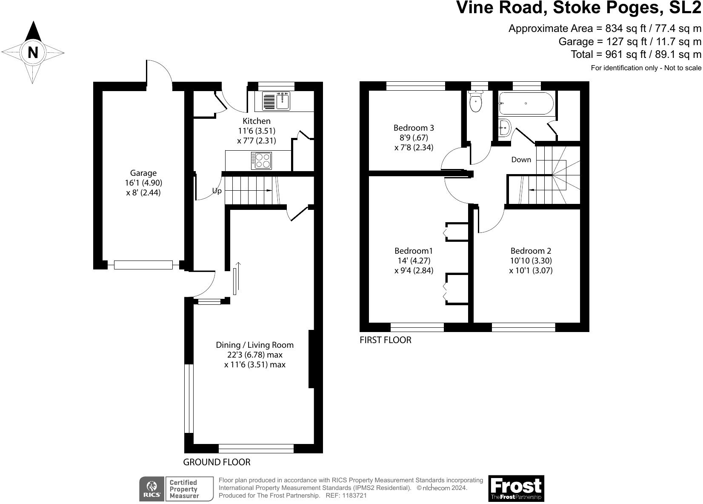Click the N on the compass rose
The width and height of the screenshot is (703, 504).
coord(33,52)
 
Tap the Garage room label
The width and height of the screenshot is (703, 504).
coord(143,173)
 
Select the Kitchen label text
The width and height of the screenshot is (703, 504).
coord(257,121)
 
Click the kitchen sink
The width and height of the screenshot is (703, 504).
coord(276,101)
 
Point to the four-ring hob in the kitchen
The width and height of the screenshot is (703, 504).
coord(261,160)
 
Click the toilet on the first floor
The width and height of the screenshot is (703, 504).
coord(476,101)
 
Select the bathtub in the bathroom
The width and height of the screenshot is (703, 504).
coord(526,103)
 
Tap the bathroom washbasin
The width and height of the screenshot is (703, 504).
coord(505,128)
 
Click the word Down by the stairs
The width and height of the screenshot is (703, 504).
coord(521,160)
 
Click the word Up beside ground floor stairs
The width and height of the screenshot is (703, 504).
coord(217,191)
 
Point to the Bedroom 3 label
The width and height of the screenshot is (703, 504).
coord(414,128)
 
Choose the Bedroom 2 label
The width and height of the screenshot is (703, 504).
coord(531,251)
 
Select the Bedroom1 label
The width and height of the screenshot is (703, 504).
coord(414,251)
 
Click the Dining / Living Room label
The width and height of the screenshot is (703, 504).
coord(255,345)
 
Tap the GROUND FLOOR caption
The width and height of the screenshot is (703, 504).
coord(217,462)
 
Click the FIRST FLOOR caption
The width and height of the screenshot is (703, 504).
coord(386,340)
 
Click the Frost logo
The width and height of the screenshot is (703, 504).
coord(516,488)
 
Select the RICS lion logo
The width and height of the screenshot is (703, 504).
coord(152,489)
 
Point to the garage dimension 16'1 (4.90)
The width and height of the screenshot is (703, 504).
coord(143,183)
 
